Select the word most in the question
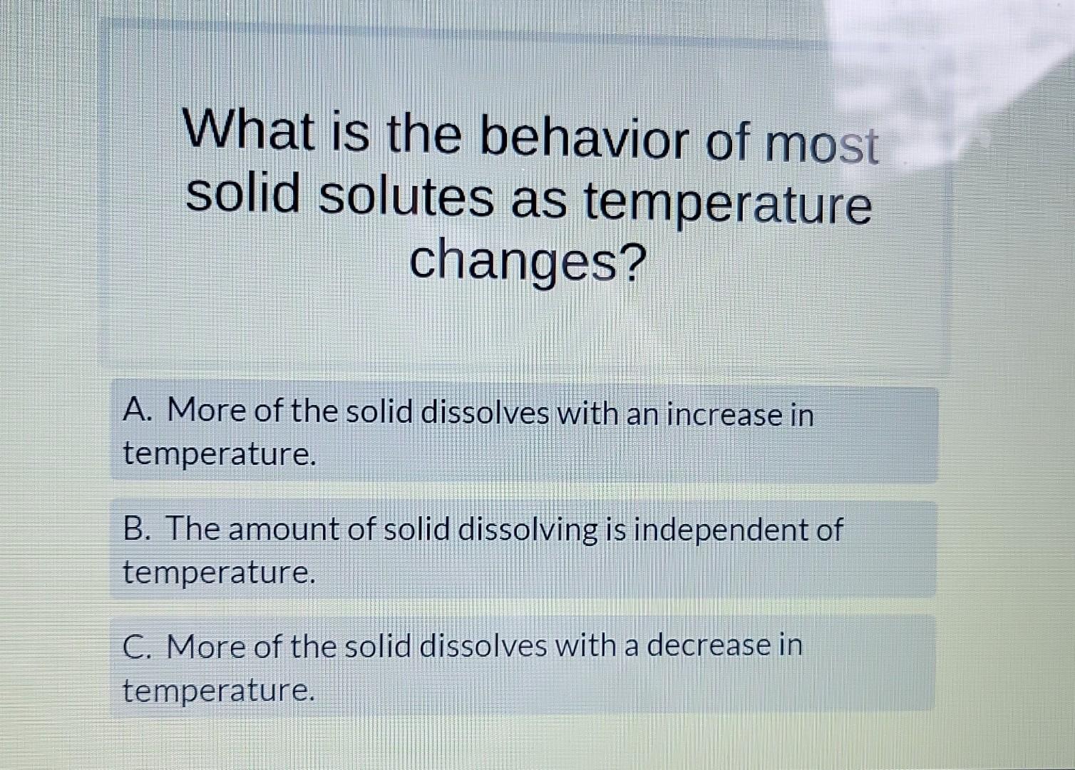pos(822,143)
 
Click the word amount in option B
pos(284,530)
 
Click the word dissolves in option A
pos(485,412)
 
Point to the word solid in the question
pos(243,192)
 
